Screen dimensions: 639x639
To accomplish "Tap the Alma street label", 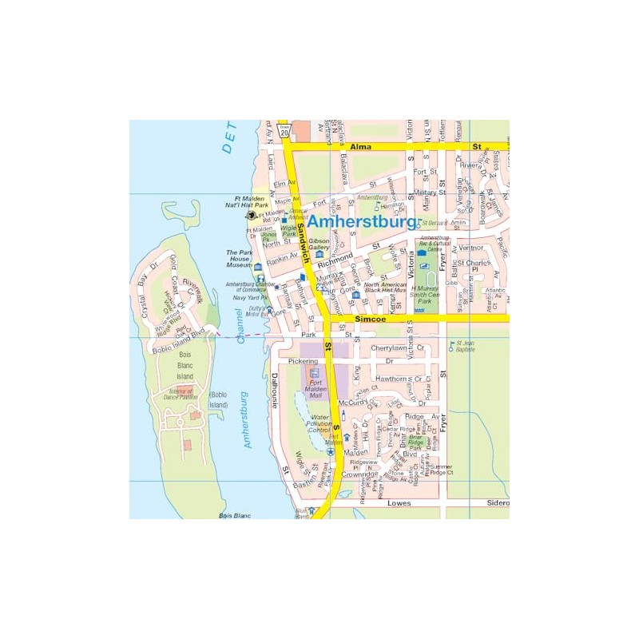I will (x=361, y=148).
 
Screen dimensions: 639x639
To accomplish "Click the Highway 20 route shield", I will (x=285, y=132).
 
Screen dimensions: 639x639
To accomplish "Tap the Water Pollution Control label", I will (x=319, y=423).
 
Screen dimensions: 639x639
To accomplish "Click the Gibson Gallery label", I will (x=319, y=244).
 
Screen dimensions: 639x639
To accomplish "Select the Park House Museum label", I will (x=239, y=259).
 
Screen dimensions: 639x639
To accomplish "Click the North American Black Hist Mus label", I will (x=386, y=288).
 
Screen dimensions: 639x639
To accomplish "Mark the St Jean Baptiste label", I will (x=466, y=346).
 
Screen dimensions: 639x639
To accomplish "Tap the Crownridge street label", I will (x=359, y=474).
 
